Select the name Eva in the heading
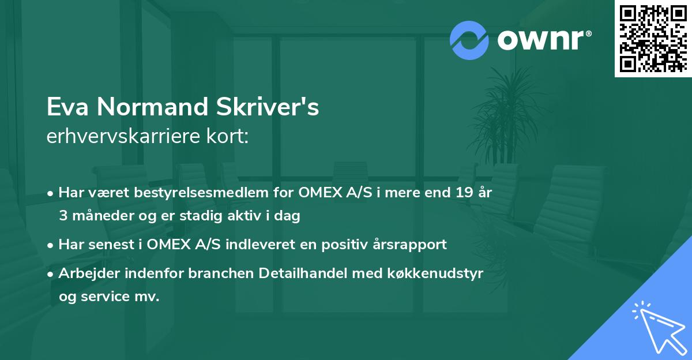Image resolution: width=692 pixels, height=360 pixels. click(x=67, y=107)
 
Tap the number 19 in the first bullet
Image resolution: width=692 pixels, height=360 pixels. click(x=462, y=193)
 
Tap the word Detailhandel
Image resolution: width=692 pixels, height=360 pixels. click(x=314, y=273)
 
